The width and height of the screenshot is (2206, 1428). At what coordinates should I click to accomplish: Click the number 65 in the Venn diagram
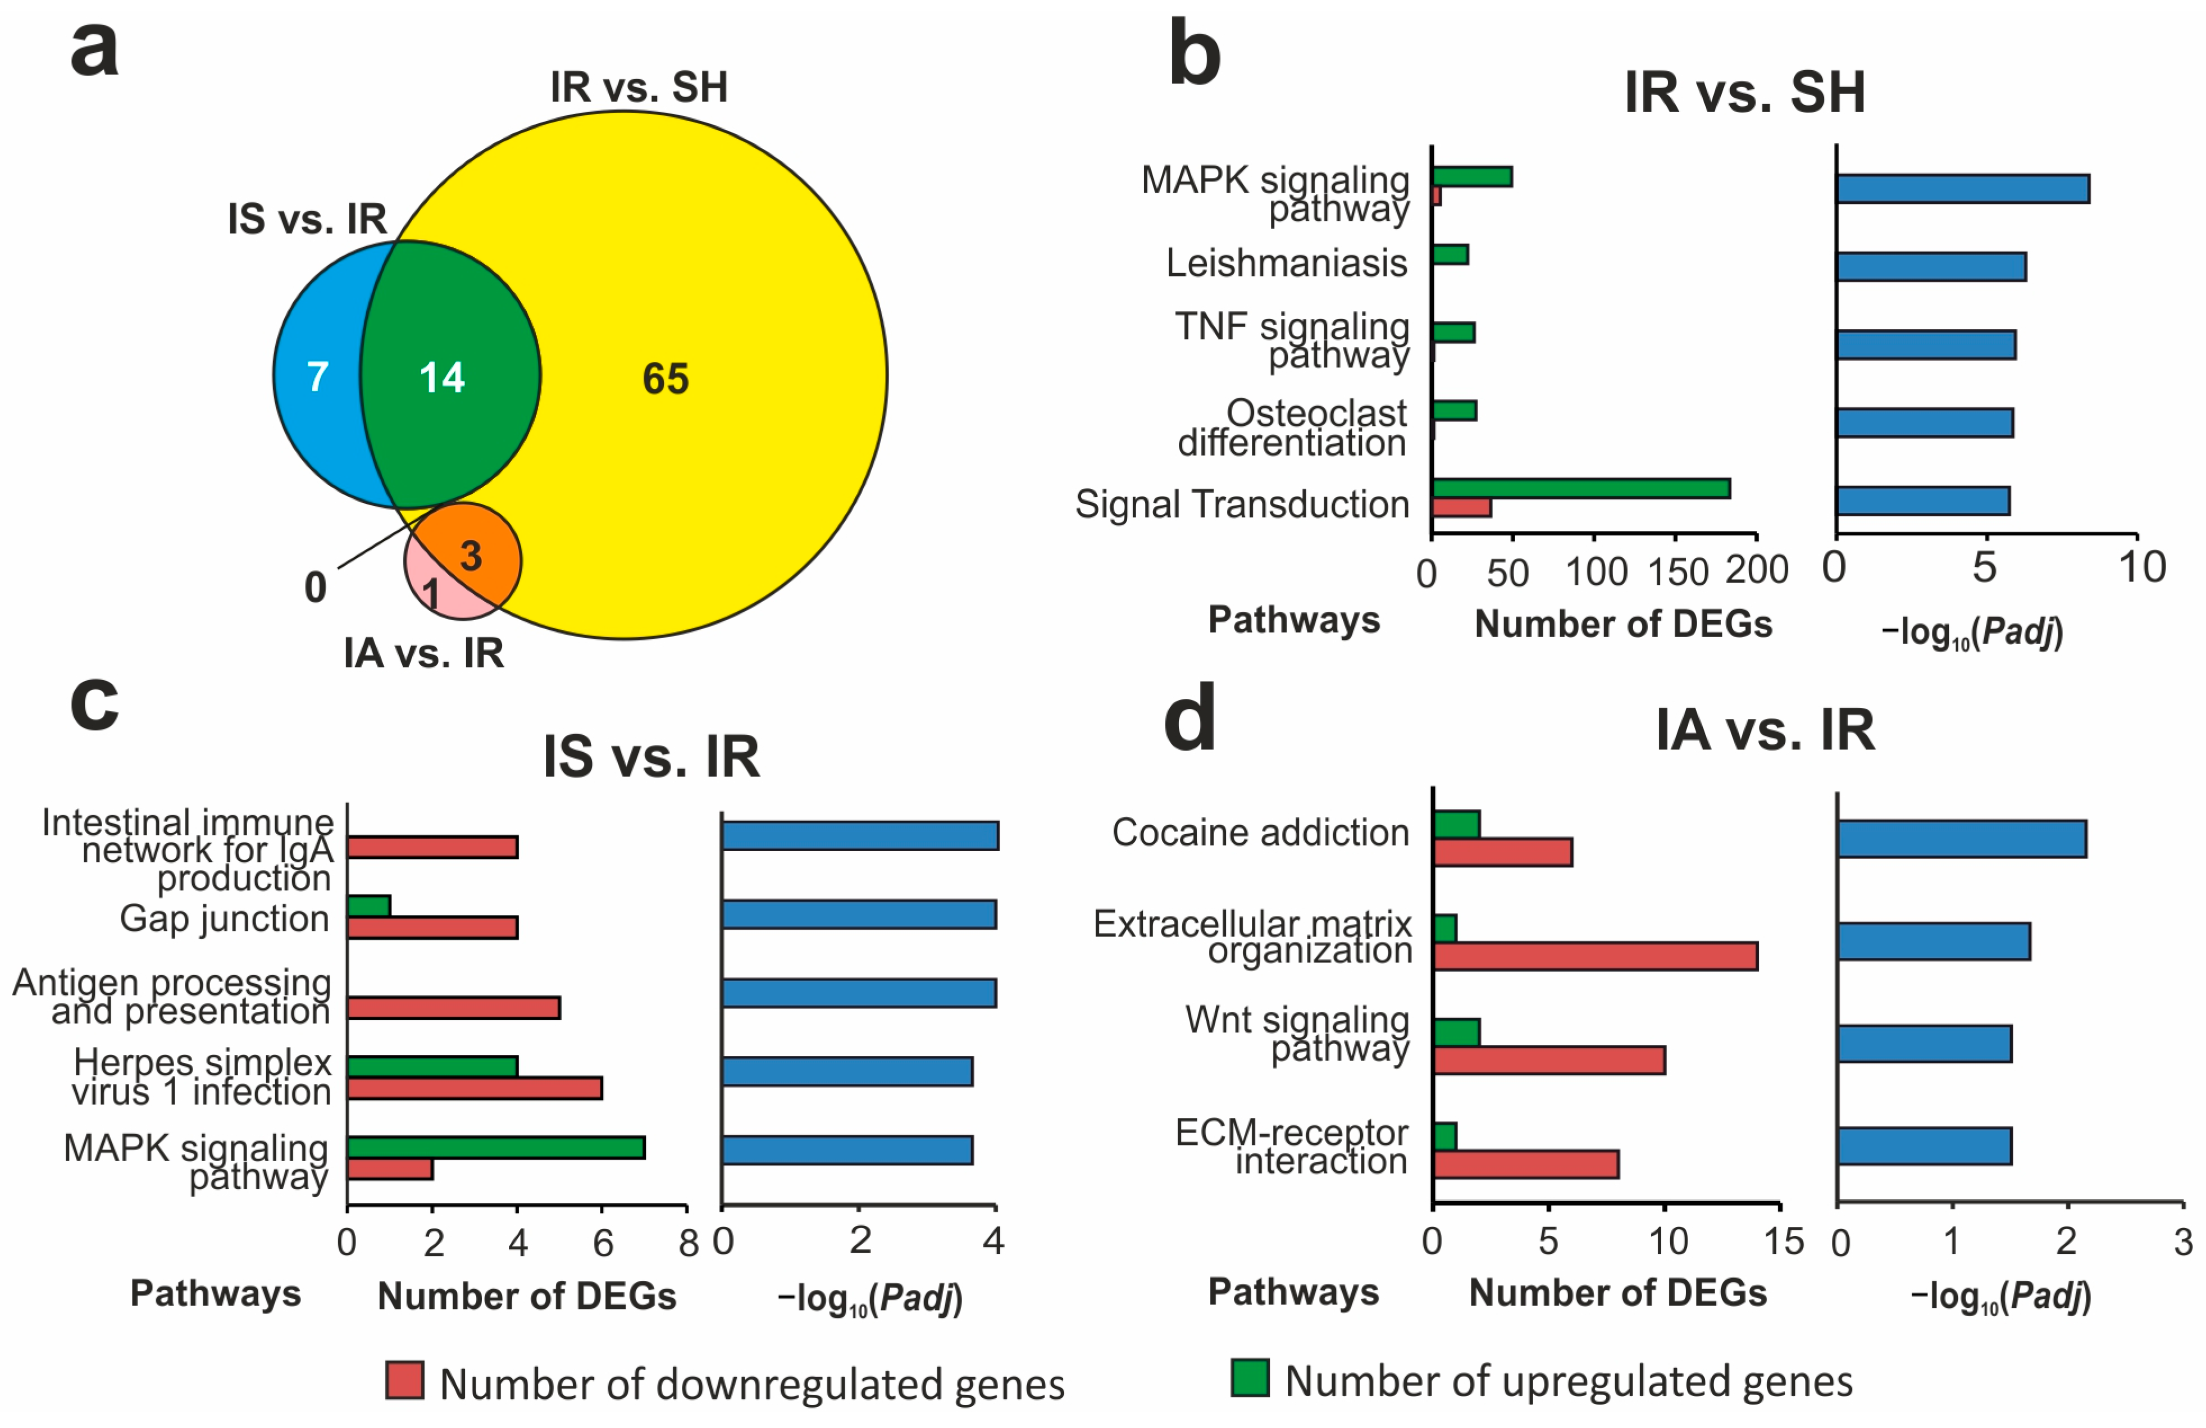[666, 378]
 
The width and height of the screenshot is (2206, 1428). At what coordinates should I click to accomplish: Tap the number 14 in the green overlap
[441, 378]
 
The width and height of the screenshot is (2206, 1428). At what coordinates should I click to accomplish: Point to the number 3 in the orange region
[471, 556]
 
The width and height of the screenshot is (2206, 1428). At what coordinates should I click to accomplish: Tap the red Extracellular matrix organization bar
[1594, 956]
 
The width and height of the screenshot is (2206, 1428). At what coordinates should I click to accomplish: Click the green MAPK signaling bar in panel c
[496, 1148]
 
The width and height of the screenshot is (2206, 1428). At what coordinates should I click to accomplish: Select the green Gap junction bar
[369, 906]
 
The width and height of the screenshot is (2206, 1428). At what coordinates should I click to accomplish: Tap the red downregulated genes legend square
[405, 1381]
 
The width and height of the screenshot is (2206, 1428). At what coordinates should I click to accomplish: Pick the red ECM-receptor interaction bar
[1526, 1165]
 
